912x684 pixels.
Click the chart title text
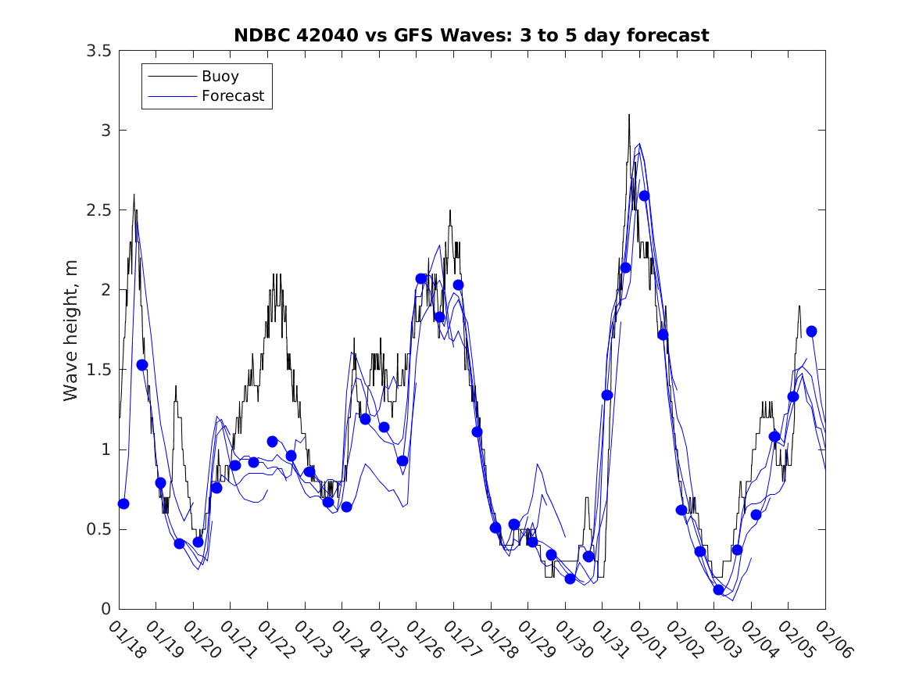[471, 35]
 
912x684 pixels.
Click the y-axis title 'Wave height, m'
[71, 329]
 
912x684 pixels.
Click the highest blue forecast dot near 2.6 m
[644, 195]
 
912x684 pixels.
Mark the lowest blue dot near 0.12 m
[718, 589]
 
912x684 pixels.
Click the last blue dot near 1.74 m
[811, 331]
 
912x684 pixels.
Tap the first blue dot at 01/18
[123, 503]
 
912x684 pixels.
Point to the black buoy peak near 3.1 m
[628, 115]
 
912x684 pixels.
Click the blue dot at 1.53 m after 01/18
[142, 364]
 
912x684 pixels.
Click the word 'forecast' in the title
[671, 35]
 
